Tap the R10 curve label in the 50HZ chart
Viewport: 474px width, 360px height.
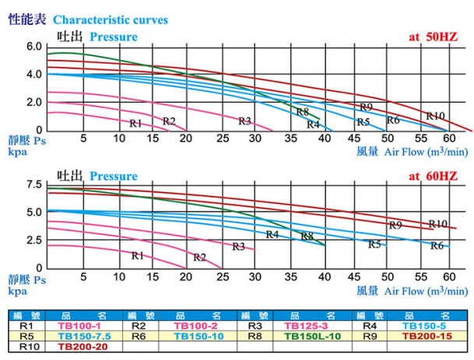[436, 116]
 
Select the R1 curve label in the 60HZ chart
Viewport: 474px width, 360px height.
[138, 255]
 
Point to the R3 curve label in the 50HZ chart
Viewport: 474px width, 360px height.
[244, 121]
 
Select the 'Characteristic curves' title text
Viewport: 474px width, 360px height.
[110, 20]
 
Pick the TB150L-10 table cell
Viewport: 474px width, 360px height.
[311, 337]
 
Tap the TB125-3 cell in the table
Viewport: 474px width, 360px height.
[311, 326]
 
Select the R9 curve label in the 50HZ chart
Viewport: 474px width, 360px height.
[367, 107]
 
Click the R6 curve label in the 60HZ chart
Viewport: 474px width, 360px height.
[437, 245]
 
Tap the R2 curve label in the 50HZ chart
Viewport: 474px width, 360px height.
[169, 121]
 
